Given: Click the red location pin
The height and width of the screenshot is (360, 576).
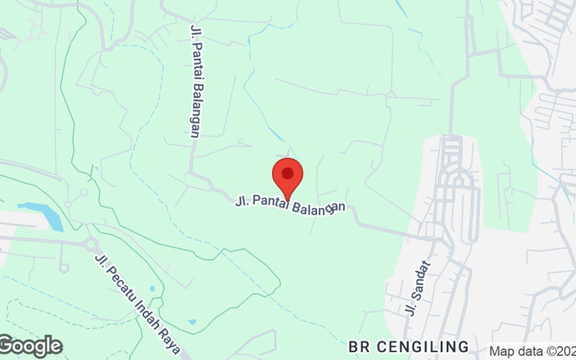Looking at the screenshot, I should point(287,177).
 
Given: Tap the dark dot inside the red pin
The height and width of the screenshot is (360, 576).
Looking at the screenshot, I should point(287,173).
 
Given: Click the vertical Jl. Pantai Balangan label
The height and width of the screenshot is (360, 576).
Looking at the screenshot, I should point(194,80).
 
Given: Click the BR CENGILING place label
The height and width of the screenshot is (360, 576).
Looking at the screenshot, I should point(408,346).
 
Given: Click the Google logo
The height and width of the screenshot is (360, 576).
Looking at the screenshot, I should point(31,346).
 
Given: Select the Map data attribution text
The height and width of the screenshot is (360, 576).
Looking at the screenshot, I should point(532,351).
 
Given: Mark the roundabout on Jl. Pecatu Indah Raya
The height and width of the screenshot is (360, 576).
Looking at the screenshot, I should point(91,245).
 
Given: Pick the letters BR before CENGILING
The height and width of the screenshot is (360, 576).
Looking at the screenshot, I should point(358,346).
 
